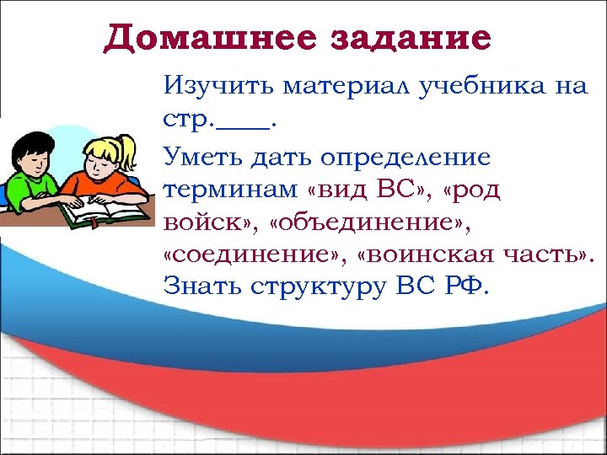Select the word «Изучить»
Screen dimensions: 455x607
[x=218, y=87]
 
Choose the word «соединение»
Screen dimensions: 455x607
[x=255, y=254]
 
